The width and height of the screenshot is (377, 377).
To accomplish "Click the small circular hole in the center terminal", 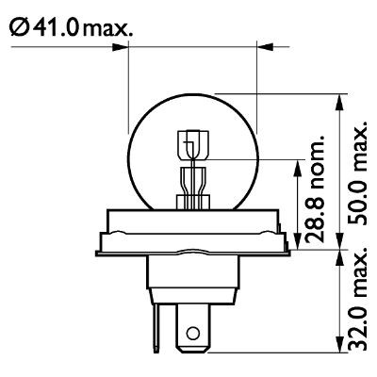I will [x=193, y=332].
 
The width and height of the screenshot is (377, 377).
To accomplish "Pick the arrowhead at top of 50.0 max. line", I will [x=337, y=97].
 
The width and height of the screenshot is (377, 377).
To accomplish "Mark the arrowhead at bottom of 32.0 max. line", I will [x=337, y=348].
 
